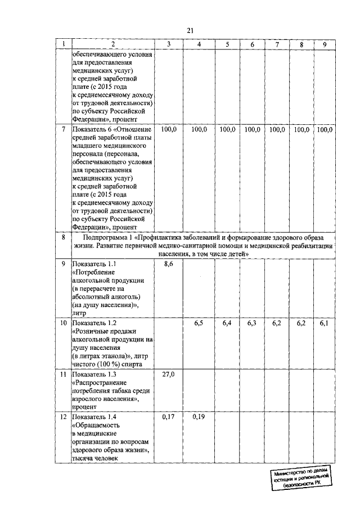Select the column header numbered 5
tap(227, 44)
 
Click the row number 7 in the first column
tap(63, 130)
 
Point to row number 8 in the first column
tap(63, 238)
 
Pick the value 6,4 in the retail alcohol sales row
tap(227, 323)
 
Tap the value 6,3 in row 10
tap(252, 323)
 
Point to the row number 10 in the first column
tap(63, 323)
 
